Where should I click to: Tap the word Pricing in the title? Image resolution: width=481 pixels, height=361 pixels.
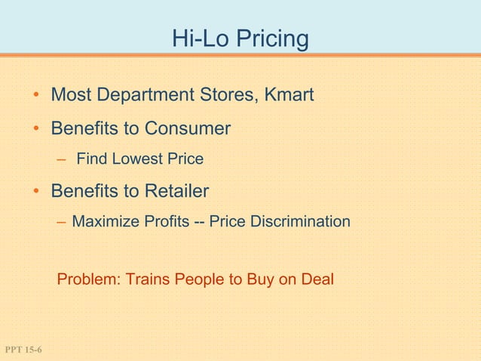pyautogui.click(x=271, y=39)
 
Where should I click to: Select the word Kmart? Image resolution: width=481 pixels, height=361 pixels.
pyautogui.click(x=288, y=96)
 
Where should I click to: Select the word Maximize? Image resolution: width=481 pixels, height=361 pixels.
pyautogui.click(x=105, y=222)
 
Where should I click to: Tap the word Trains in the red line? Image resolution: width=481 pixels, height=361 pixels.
pyautogui.click(x=148, y=279)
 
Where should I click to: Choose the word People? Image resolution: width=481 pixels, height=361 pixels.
pyautogui.click(x=199, y=279)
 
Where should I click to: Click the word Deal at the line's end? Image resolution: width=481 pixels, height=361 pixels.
pyautogui.click(x=317, y=279)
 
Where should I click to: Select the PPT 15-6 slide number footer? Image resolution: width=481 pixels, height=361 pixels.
pyautogui.click(x=23, y=350)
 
